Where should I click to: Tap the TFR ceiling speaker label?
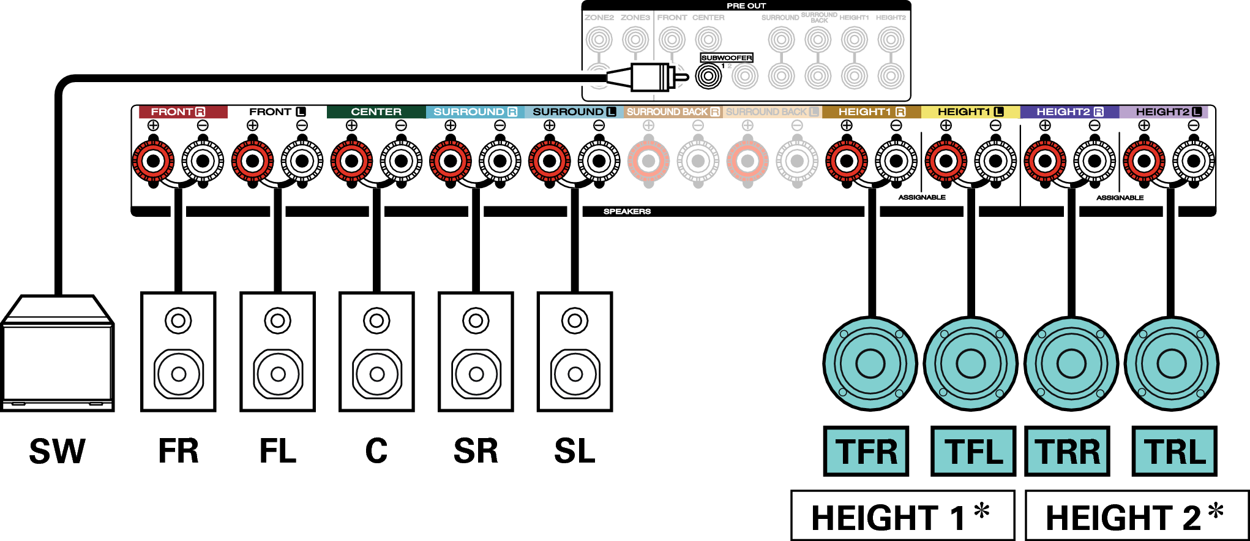pyautogui.click(x=866, y=452)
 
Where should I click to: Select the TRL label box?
pyautogui.click(x=1174, y=452)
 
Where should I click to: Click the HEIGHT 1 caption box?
pyautogui.click(x=902, y=516)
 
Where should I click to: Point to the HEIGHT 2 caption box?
pyautogui.click(x=1137, y=516)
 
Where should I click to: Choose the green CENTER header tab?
pyautogui.click(x=376, y=112)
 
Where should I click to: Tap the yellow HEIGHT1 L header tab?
pyautogui.click(x=970, y=112)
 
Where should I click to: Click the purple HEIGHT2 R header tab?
pyautogui.click(x=1069, y=112)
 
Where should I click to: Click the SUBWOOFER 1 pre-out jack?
pyautogui.click(x=709, y=77)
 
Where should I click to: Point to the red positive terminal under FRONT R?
pyautogui.click(x=153, y=161)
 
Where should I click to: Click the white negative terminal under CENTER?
pyautogui.click(x=401, y=161)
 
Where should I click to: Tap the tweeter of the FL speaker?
pyautogui.click(x=277, y=320)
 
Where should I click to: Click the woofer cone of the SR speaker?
pyautogui.click(x=476, y=373)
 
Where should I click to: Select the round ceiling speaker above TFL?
pyautogui.click(x=970, y=364)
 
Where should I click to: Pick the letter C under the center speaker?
pyautogui.click(x=376, y=452)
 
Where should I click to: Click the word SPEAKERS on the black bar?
pyautogui.click(x=627, y=211)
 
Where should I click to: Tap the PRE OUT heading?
pyautogui.click(x=746, y=6)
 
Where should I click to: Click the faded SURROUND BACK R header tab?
pyautogui.click(x=673, y=112)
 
